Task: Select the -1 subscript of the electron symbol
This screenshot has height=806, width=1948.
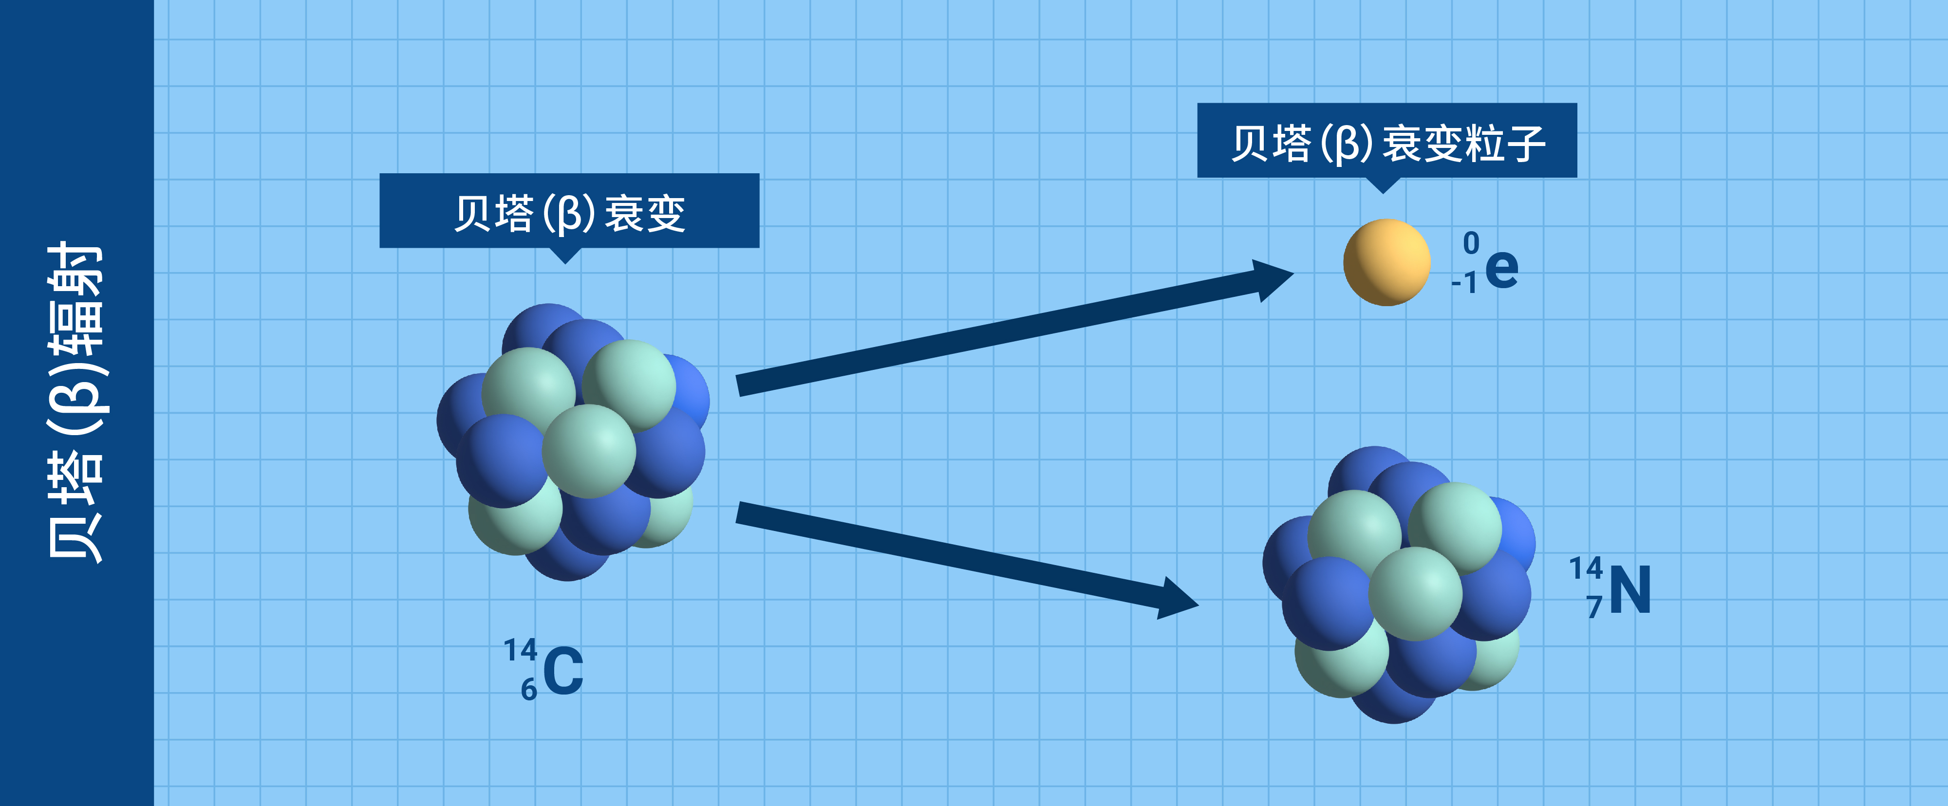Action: [1464, 283]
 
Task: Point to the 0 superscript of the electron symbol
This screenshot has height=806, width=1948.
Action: [1471, 243]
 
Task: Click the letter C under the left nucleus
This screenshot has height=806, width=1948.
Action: [563, 671]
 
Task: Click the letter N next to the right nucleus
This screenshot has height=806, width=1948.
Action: [1630, 590]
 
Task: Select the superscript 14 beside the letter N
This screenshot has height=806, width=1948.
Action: [1586, 568]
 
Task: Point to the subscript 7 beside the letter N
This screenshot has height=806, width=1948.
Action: [1594, 607]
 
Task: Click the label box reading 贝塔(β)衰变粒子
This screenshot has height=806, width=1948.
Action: [1387, 141]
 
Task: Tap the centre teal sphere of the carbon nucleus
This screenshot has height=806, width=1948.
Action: [589, 451]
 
